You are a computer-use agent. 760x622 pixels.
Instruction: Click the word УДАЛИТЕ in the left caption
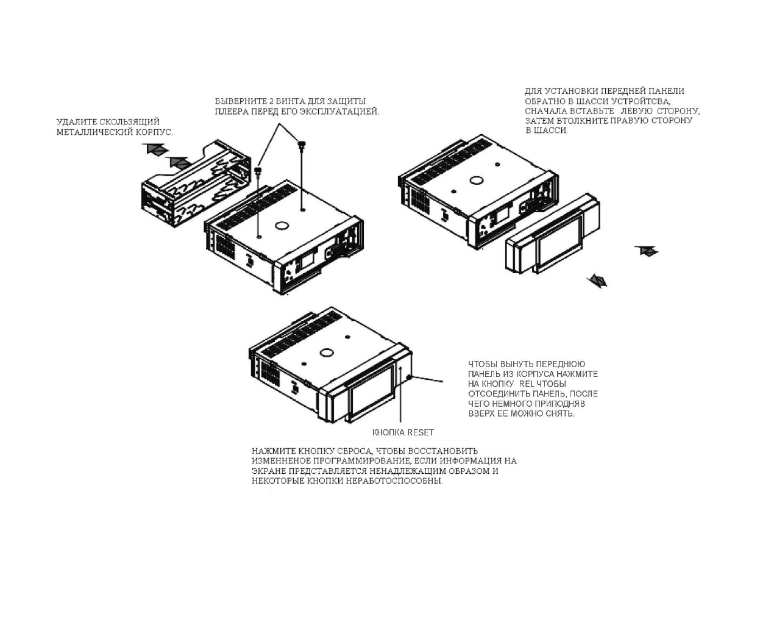click(x=76, y=122)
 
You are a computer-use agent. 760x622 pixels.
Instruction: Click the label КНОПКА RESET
click(x=403, y=432)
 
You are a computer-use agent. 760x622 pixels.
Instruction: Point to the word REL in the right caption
click(x=527, y=384)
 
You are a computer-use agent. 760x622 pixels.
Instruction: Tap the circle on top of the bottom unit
click(x=325, y=352)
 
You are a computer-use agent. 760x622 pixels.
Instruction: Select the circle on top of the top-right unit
click(x=474, y=181)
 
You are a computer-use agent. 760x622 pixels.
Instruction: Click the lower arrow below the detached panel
click(x=597, y=281)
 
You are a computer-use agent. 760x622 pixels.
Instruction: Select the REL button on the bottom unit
click(x=408, y=379)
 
